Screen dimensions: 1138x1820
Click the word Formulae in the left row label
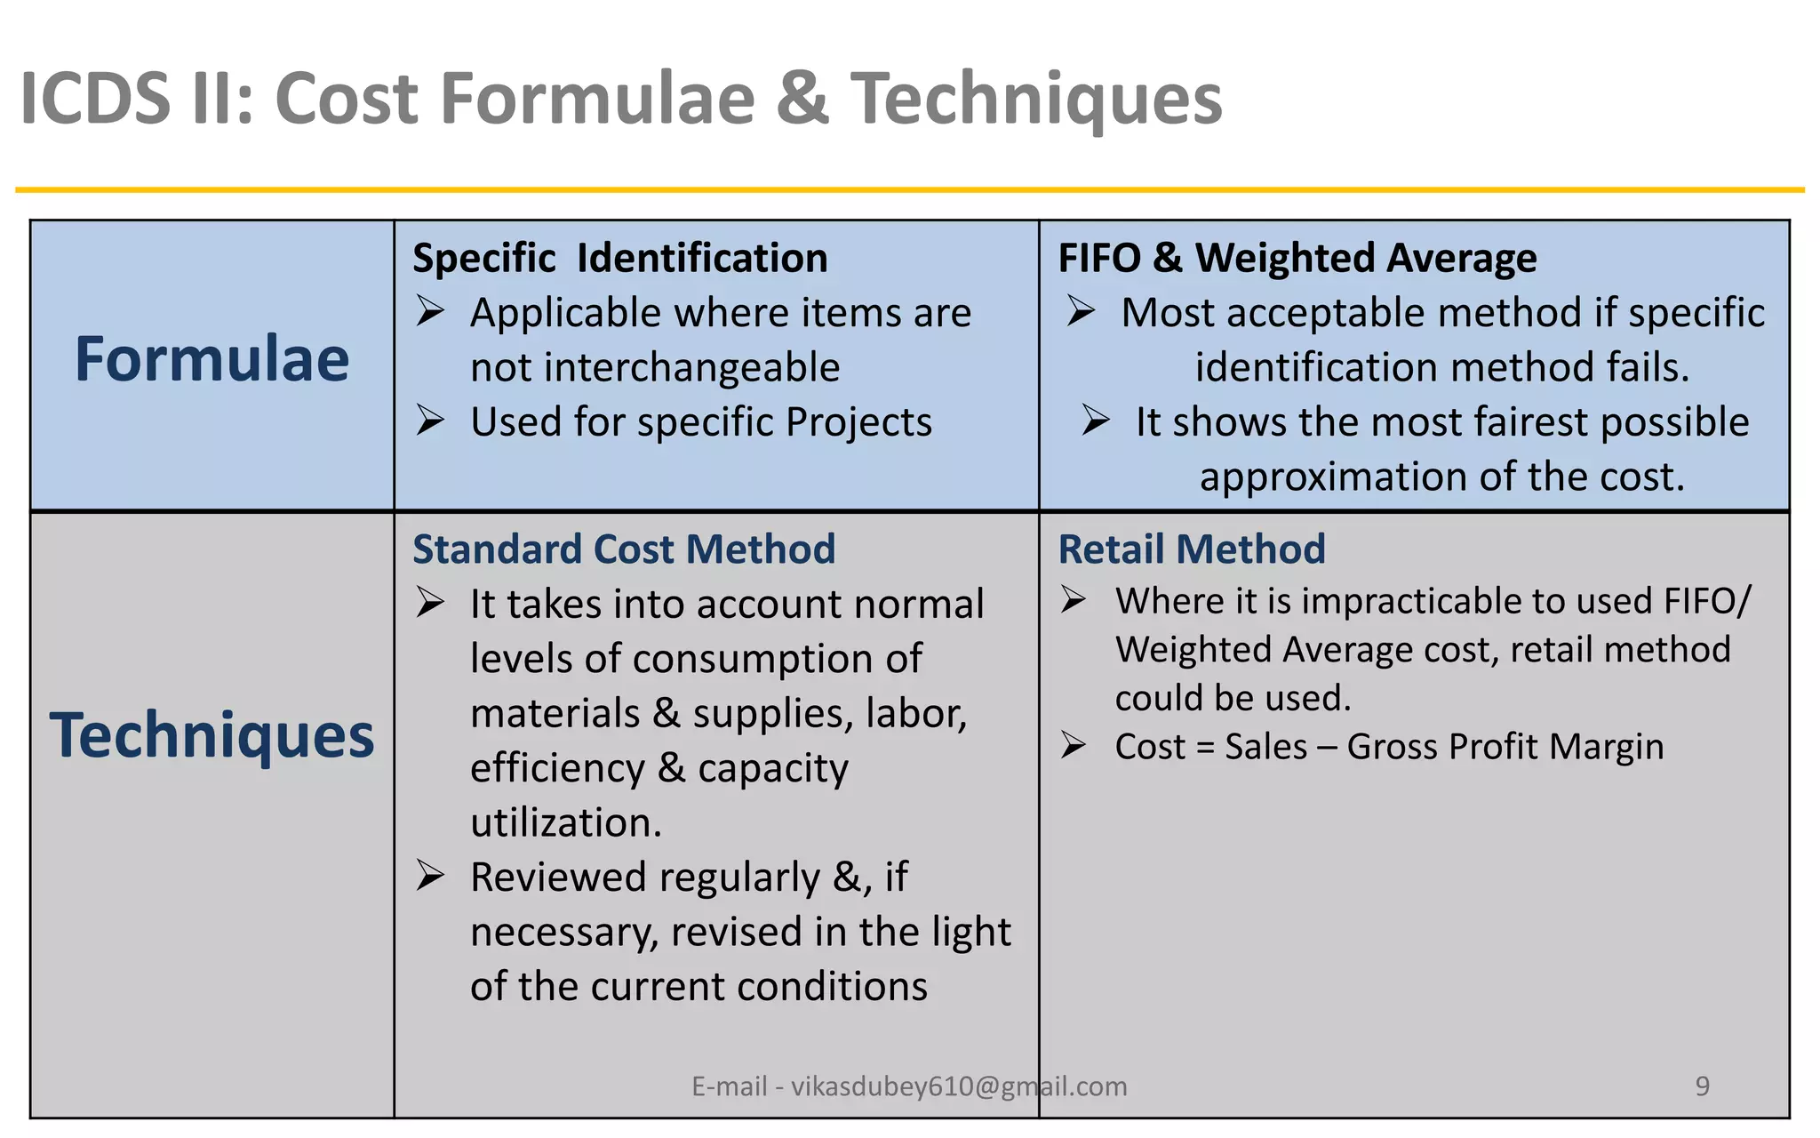pyautogui.click(x=212, y=359)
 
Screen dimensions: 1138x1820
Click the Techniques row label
pyautogui.click(x=212, y=736)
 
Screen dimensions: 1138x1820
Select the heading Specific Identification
pyautogui.click(x=620, y=259)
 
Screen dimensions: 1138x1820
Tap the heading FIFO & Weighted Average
pyautogui.click(x=1297, y=259)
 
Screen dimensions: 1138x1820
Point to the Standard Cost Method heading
pyautogui.click(x=624, y=549)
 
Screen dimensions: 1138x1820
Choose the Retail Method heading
pyautogui.click(x=1192, y=549)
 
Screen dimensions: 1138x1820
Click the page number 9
pyautogui.click(x=1702, y=1086)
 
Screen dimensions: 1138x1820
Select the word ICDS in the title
pyautogui.click(x=95, y=98)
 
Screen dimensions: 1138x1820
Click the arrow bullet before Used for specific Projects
pyautogui.click(x=430, y=421)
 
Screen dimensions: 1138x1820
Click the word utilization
pyautogui.click(x=566, y=822)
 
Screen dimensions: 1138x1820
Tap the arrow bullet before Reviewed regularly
pyautogui.click(x=430, y=877)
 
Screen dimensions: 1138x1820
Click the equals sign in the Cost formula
pyautogui.click(x=1205, y=748)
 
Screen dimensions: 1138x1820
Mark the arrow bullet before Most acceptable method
pyautogui.click(x=1082, y=311)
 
